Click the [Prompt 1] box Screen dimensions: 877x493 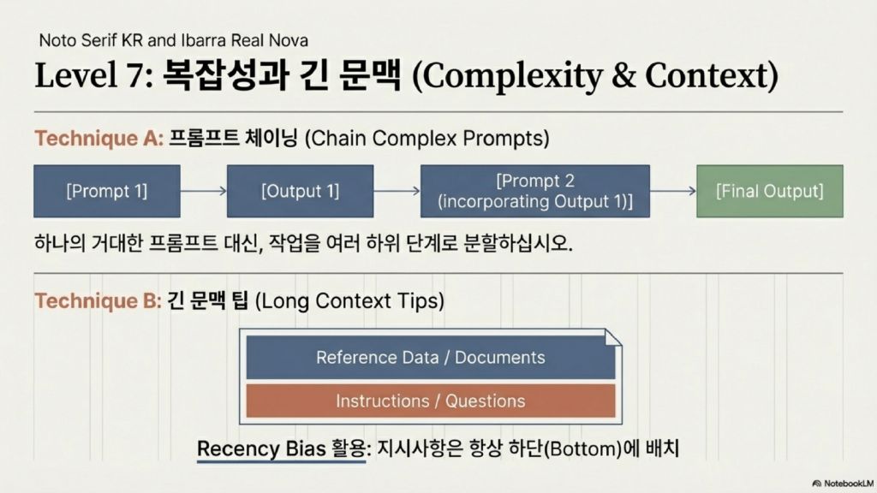point(107,191)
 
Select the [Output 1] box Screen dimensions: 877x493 point(301,191)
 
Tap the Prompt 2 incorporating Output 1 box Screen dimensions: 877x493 point(535,191)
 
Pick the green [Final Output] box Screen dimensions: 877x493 point(770,191)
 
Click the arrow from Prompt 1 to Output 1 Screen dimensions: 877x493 point(204,191)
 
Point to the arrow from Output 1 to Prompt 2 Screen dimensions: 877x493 point(397,191)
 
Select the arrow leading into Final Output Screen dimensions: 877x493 point(673,191)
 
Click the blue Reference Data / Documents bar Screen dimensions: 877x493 point(431,357)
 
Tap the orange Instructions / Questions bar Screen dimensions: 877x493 point(431,401)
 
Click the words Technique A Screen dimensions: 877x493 point(99,138)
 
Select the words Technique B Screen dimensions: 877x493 point(98,300)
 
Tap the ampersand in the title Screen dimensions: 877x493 point(623,75)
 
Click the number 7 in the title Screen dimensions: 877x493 point(135,76)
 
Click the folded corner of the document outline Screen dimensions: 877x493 point(613,337)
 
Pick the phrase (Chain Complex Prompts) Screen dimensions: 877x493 point(427,138)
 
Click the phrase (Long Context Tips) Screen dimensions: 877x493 point(349,300)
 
